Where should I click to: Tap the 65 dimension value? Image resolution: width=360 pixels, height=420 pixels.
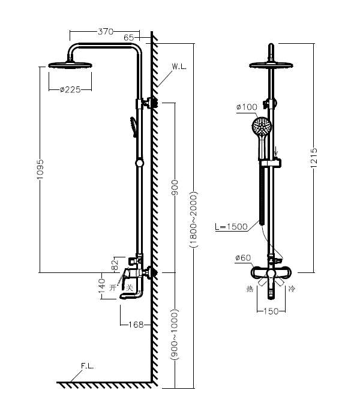coord(129,38)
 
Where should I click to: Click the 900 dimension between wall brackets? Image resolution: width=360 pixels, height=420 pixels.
coord(175,187)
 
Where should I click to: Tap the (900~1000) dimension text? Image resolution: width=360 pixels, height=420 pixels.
coord(175,334)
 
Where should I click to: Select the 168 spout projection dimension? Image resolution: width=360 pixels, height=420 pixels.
coord(136,325)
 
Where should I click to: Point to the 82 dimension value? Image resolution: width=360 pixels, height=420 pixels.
coord(114,263)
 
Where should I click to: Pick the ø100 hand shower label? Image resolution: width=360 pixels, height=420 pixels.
coord(230,107)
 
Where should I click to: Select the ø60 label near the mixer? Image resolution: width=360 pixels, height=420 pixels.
coord(243,258)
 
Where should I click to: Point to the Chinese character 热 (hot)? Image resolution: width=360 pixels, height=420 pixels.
coord(250,289)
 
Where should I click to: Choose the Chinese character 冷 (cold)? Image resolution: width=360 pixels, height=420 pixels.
coord(292,289)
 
